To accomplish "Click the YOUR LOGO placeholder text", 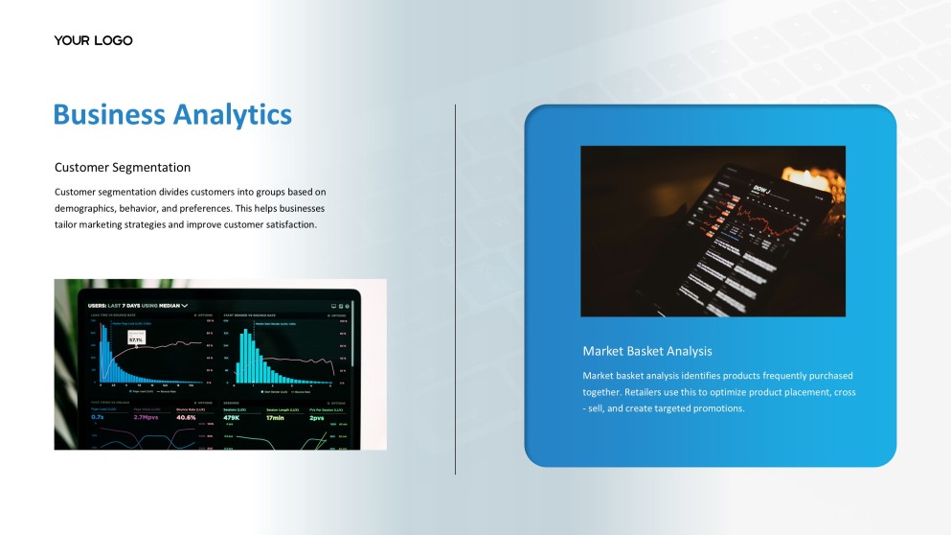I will (93, 40).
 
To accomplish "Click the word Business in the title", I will (109, 114).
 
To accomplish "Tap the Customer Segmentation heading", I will (123, 168).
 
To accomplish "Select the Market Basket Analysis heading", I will (647, 351).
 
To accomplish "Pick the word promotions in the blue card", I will (714, 408).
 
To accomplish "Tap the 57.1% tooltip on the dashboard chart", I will (136, 339).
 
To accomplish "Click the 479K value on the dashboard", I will (231, 417).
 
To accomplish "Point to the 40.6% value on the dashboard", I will (186, 417).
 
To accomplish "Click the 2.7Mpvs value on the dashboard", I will (146, 417).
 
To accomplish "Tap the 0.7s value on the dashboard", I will (98, 417).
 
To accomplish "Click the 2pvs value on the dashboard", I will (316, 417).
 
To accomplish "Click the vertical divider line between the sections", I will (455, 288).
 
